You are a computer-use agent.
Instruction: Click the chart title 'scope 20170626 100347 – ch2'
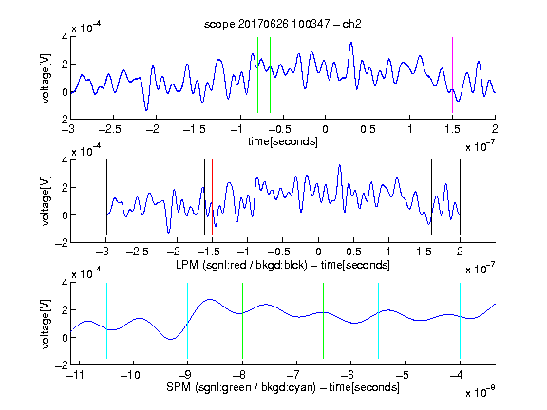click(x=283, y=24)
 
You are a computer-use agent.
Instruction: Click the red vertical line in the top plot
click(x=198, y=75)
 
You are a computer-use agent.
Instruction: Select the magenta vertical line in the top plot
click(x=452, y=75)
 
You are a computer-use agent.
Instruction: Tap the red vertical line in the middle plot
click(x=212, y=197)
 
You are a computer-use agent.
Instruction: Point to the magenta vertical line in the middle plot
click(x=424, y=197)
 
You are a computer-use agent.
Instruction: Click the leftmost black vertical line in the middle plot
click(x=106, y=197)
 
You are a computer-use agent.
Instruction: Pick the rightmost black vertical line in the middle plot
click(x=460, y=197)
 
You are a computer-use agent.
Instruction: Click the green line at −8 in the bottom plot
click(x=242, y=321)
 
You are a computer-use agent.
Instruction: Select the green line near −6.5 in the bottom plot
click(x=324, y=321)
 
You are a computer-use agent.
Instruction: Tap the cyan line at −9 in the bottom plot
click(x=188, y=321)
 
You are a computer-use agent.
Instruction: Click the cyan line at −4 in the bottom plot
click(x=460, y=321)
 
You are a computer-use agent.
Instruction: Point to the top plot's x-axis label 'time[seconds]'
click(x=283, y=141)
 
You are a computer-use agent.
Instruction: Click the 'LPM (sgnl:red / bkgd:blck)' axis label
click(x=241, y=265)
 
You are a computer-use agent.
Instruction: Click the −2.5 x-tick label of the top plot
click(x=110, y=129)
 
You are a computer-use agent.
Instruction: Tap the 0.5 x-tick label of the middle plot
click(x=353, y=252)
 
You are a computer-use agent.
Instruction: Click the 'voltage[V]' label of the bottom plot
click(x=46, y=324)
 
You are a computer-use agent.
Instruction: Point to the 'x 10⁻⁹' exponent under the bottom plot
click(x=481, y=392)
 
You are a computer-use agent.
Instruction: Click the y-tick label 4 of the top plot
click(x=65, y=37)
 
